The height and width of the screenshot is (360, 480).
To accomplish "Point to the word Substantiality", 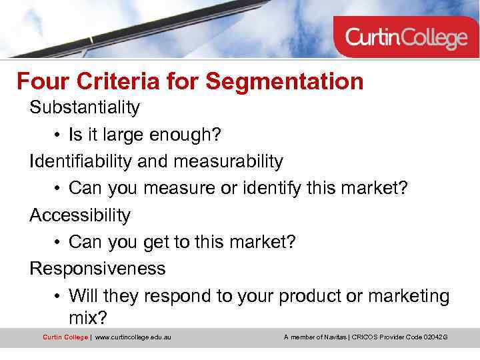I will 84,107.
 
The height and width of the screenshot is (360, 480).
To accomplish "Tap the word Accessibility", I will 80,215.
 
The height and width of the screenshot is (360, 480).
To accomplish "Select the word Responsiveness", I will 97,269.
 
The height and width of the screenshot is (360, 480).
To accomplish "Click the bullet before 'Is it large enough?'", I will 58,135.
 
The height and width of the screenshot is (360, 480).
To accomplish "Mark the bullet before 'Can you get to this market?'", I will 58,243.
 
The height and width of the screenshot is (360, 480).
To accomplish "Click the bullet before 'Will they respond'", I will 58,297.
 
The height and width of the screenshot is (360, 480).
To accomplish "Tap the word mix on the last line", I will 85,316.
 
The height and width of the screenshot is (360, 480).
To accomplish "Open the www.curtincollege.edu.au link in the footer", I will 133,337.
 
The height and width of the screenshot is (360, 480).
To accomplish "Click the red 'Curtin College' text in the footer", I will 65,337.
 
